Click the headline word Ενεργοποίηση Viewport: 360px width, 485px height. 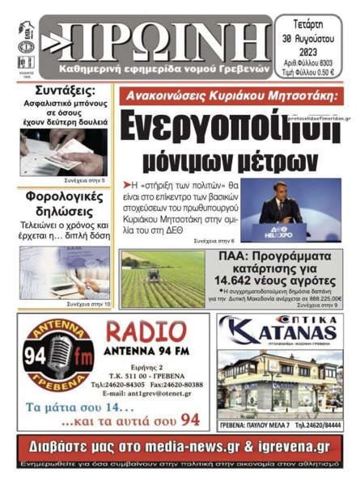coord(235,126)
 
